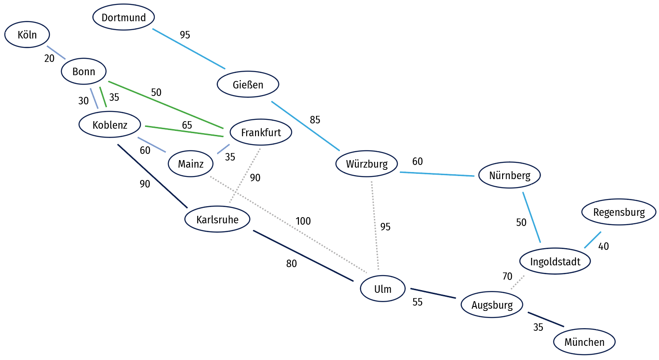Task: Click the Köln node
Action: [27, 34]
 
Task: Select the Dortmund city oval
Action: [124, 17]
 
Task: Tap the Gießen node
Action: [248, 84]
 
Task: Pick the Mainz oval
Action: [190, 164]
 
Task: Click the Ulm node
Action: [383, 288]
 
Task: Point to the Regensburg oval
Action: [619, 212]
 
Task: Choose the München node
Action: [584, 342]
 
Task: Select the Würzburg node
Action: [366, 164]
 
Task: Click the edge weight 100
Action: [303, 221]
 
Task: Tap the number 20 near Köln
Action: [49, 58]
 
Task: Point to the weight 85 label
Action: [315, 120]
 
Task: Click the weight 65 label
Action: [187, 125]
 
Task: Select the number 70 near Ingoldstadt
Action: [507, 276]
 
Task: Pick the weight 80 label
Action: [291, 264]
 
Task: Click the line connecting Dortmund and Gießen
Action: [189, 49]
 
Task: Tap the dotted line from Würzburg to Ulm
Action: [375, 226]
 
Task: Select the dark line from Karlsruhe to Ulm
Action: [303, 256]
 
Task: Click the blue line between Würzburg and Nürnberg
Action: [437, 174]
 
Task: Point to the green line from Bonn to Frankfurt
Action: [166, 105]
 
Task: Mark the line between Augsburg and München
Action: [546, 319]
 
